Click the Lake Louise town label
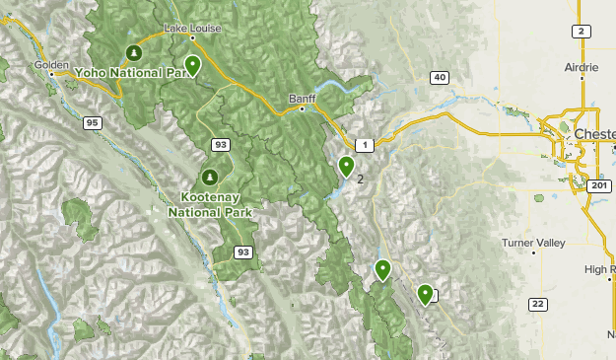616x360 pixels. pyautogui.click(x=192, y=29)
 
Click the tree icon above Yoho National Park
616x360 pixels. pyautogui.click(x=133, y=52)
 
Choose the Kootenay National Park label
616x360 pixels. pyautogui.click(x=210, y=204)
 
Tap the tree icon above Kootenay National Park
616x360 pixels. pyautogui.click(x=209, y=178)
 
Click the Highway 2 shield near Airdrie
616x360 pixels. pyautogui.click(x=582, y=32)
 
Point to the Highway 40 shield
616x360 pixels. pyautogui.click(x=440, y=78)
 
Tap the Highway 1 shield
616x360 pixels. pyautogui.click(x=366, y=145)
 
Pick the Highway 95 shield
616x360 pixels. pyautogui.click(x=93, y=123)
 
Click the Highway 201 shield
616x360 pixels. pyautogui.click(x=597, y=185)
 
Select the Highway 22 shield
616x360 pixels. pyautogui.click(x=537, y=304)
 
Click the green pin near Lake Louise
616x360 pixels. pyautogui.click(x=193, y=65)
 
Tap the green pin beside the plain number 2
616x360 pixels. pyautogui.click(x=346, y=167)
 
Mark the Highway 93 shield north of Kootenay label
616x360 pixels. pyautogui.click(x=221, y=145)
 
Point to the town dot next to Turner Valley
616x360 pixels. pyautogui.click(x=534, y=252)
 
